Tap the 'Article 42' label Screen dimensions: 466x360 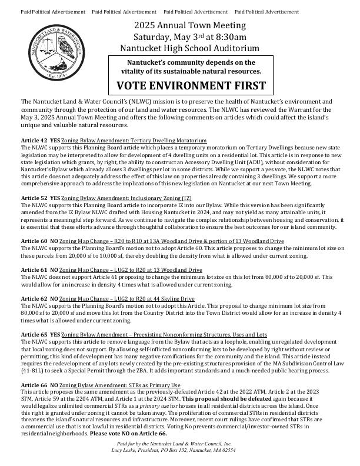tap(34, 141)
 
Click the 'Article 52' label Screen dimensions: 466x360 tap(34, 198)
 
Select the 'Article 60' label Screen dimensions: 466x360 tap(34, 241)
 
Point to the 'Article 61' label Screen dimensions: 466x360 tap(34, 270)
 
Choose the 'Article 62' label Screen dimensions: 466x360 tap(34, 299)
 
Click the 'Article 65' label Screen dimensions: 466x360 tap(34, 334)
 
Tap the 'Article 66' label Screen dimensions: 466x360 tap(34, 385)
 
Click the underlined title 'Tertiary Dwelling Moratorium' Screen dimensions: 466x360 tap(168, 141)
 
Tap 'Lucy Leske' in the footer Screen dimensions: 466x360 tap(125, 450)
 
